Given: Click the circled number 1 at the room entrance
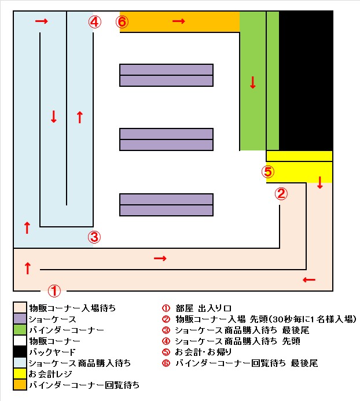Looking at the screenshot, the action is click(x=54, y=291).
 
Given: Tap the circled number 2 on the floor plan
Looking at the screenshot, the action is click(x=281, y=194).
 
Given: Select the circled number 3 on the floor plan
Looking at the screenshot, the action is click(x=94, y=237).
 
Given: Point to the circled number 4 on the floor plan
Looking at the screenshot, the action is click(x=95, y=22).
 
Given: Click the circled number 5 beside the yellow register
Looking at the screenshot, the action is click(x=267, y=172).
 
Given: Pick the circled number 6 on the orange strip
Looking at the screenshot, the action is click(x=122, y=22).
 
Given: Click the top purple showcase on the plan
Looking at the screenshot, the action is click(x=166, y=75).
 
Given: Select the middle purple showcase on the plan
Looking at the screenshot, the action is click(x=166, y=139).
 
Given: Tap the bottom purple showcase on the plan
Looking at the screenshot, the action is click(x=166, y=205).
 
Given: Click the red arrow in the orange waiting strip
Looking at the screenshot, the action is click(x=179, y=21).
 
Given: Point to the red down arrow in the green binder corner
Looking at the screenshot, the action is click(x=253, y=82).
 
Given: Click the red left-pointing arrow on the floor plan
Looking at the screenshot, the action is click(x=309, y=280).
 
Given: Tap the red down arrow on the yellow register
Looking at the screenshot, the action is click(x=320, y=182).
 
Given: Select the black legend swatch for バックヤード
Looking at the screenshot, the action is click(x=20, y=352).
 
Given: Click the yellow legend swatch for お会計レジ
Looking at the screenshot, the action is click(x=20, y=374).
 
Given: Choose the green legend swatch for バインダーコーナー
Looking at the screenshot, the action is click(x=20, y=330).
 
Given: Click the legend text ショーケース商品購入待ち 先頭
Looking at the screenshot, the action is click(x=237, y=341).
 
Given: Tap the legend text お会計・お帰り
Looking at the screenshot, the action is click(x=203, y=352).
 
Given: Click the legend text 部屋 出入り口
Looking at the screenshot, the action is click(x=203, y=308).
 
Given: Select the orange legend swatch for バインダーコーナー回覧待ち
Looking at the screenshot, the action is click(x=20, y=385).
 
